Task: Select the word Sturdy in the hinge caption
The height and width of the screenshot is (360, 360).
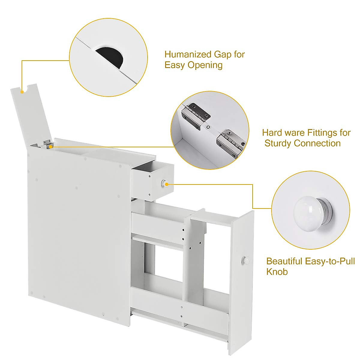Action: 278,143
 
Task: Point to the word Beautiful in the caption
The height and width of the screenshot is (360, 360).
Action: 284,261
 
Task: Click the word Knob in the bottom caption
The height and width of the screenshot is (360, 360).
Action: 277,272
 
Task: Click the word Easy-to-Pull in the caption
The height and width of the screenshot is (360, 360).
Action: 330,261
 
